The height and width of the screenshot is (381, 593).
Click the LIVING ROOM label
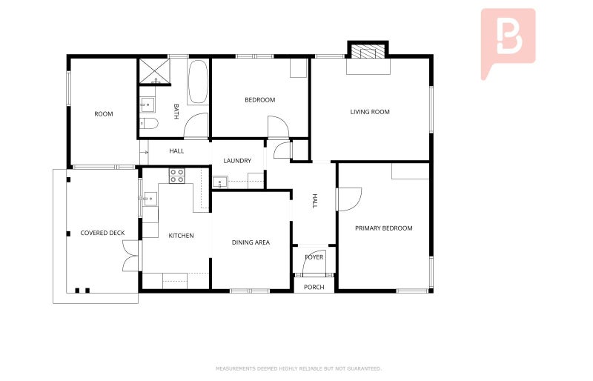370,112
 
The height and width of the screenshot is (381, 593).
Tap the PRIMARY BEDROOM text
383,228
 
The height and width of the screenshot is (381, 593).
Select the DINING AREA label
251,242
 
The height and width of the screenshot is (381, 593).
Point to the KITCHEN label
181,236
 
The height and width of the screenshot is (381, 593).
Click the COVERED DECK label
102,233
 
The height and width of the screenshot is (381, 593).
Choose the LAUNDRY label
237,161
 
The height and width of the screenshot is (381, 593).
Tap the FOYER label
314,257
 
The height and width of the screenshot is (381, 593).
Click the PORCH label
314,287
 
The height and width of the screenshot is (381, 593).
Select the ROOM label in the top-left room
104,114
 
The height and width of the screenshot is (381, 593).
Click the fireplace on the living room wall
368,52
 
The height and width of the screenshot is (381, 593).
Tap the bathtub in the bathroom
198,82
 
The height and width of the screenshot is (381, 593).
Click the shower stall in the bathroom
153,72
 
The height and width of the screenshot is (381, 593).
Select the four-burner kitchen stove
176,176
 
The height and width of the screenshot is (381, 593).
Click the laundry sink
219,182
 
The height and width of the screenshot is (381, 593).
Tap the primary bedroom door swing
349,198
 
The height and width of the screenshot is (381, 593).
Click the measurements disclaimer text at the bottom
299,368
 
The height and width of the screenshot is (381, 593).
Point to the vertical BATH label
176,111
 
